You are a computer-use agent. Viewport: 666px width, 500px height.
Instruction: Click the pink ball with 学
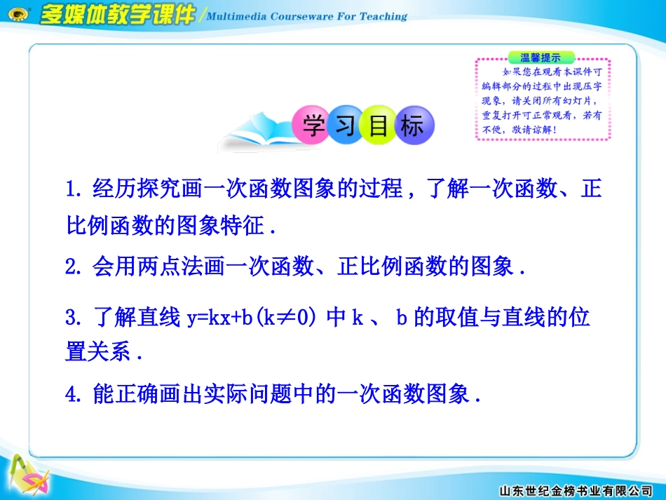311,127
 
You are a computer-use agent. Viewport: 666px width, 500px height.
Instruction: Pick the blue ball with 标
412,127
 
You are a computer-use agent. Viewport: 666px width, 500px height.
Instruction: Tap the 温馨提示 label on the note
541,57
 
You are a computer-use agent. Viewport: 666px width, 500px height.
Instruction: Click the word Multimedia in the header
241,16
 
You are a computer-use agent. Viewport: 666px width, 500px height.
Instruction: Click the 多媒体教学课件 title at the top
116,15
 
